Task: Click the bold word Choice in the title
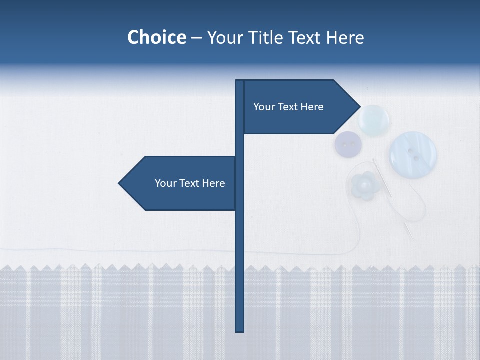(156, 37)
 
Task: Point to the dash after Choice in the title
(196, 38)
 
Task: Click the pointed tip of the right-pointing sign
(359, 106)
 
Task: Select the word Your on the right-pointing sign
(264, 107)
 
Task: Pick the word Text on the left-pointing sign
(190, 183)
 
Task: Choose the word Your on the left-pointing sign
(165, 183)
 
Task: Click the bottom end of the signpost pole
(240, 330)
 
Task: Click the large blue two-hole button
(413, 154)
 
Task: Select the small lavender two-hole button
(348, 144)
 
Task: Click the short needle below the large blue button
(409, 231)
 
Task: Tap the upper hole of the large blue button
(411, 149)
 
